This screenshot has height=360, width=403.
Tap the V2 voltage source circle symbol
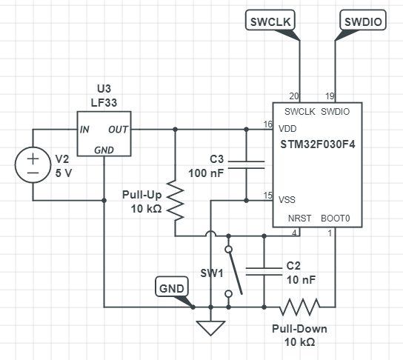33,164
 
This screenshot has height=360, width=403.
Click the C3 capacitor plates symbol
246,164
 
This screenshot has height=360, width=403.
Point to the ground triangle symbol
211,326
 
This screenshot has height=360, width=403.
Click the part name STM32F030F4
317,144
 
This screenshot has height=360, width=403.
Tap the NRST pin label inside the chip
300,219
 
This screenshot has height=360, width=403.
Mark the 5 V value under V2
64,173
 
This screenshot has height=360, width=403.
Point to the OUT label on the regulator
119,129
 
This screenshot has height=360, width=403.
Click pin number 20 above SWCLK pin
293,96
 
